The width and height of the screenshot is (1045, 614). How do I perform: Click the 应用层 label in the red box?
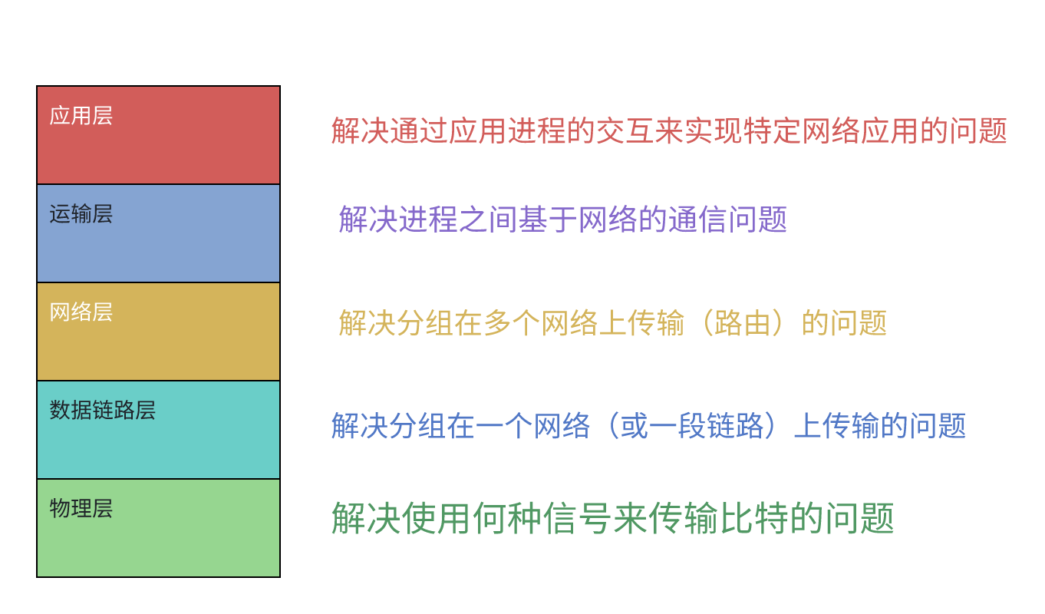(x=81, y=116)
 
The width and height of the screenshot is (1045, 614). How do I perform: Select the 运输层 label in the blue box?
(x=81, y=214)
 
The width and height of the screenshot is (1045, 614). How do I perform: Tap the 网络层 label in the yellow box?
(x=81, y=312)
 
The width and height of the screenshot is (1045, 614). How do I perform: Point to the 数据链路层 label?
(x=102, y=411)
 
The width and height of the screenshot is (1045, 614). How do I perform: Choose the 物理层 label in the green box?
(x=81, y=509)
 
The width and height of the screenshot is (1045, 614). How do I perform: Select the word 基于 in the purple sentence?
(x=549, y=220)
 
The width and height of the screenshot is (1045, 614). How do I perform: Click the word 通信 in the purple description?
(x=697, y=220)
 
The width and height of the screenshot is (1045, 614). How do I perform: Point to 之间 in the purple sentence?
(x=489, y=220)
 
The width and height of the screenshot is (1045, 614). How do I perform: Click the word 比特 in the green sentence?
(x=753, y=519)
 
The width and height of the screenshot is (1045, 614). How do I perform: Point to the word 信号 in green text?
(x=577, y=519)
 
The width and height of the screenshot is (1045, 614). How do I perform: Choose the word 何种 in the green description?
(x=506, y=519)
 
